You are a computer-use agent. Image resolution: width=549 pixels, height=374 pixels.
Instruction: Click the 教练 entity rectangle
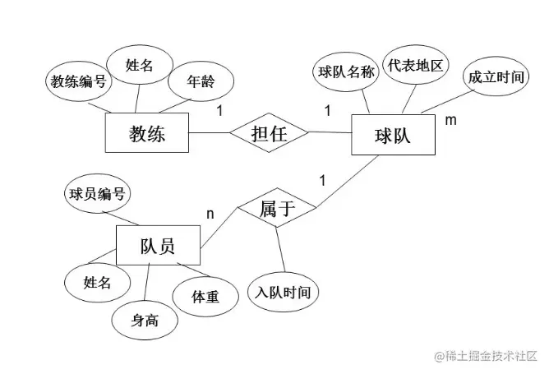coord(147,133)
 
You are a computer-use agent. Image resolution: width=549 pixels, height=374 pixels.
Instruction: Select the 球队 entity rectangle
coord(392,134)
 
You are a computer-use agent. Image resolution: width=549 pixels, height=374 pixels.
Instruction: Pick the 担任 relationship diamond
coord(269,133)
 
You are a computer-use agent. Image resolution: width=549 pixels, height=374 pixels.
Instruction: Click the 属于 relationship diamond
coord(277,210)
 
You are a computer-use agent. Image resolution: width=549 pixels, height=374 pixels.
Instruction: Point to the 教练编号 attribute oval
coord(78,81)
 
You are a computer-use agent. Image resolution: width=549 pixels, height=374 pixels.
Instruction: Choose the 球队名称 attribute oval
coord(346,72)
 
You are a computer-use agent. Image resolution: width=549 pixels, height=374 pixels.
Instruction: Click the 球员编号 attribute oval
coord(97,195)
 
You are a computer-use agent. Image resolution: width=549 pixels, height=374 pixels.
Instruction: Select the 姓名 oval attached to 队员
coord(97,282)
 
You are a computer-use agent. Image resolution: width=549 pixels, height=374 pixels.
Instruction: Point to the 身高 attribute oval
coord(145,320)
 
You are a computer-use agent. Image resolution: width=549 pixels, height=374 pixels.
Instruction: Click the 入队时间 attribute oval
coord(283,292)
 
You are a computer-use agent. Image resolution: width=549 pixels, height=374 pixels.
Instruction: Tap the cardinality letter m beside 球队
coord(450,121)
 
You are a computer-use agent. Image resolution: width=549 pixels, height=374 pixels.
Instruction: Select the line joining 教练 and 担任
coord(209,133)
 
